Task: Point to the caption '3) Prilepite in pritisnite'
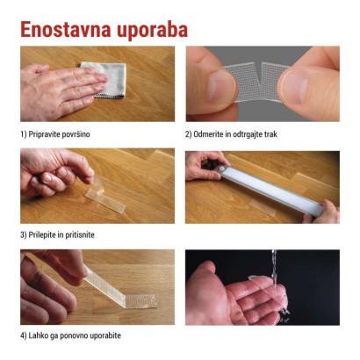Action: click(58, 235)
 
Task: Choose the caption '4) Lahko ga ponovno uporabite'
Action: click(69, 335)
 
